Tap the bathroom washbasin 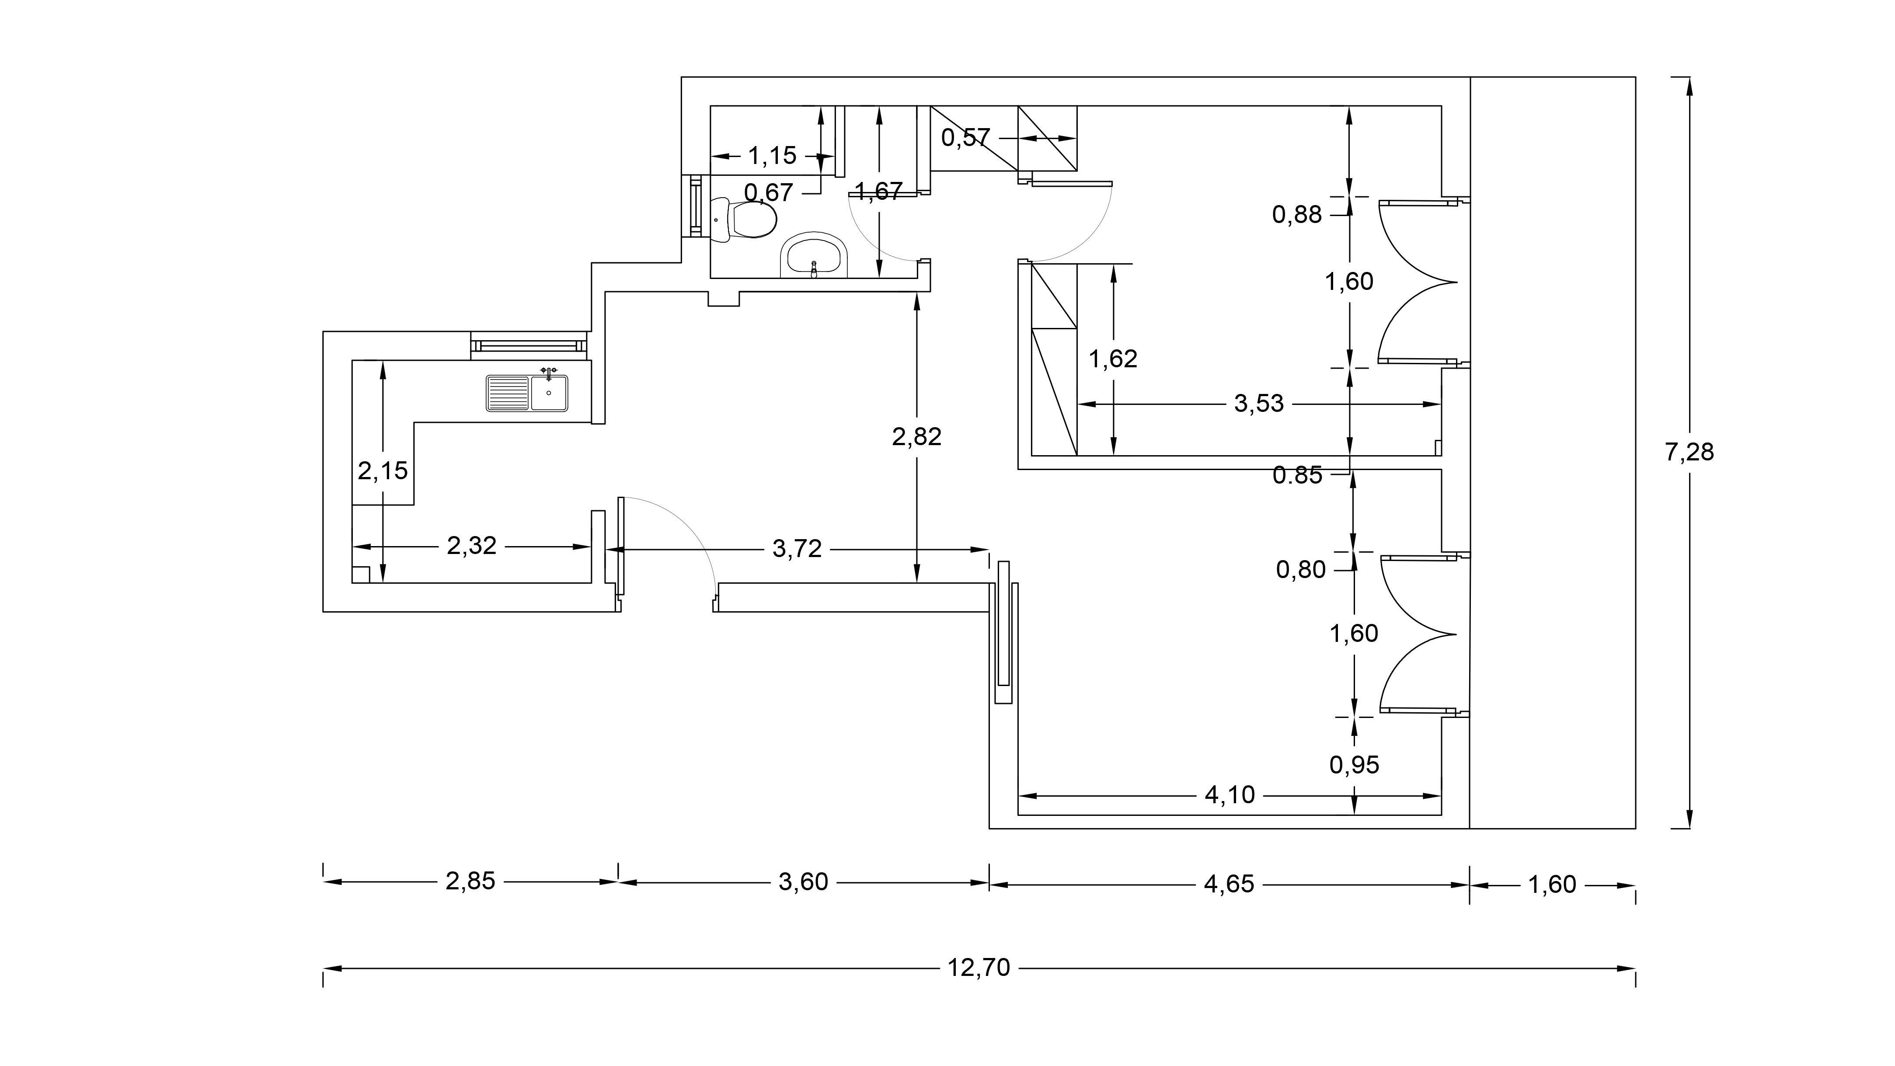point(814,256)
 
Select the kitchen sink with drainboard point(527,392)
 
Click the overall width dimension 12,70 point(979,968)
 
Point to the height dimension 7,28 point(1689,452)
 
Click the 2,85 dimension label point(471,881)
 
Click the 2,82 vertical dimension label point(916,436)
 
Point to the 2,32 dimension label point(471,545)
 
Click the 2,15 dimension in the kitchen point(383,470)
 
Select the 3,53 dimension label point(1259,403)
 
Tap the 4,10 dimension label point(1230,794)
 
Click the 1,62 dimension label point(1113,358)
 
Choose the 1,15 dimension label point(773,155)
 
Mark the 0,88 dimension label point(1297,215)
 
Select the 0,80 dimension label point(1301,569)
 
